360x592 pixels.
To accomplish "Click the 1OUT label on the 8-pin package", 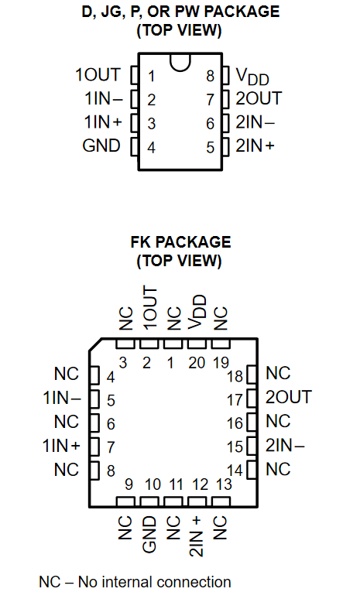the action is pos(98,75).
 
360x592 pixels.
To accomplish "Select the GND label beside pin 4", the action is pos(101,145).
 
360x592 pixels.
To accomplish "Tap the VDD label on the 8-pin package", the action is pos(252,77).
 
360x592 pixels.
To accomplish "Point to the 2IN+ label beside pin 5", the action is pos(255,145).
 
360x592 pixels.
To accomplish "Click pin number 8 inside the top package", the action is pos(211,77).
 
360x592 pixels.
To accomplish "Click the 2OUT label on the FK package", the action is pos(289,397).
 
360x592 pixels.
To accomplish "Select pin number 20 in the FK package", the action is pos(197,363).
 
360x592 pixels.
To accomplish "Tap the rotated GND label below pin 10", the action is pos(149,535).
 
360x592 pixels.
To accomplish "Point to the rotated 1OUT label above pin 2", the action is pos(149,308).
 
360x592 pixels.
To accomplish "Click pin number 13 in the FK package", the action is pos(224,484).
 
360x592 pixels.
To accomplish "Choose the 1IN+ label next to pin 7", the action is pos(61,446).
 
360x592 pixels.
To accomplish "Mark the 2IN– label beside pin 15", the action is pos(285,446).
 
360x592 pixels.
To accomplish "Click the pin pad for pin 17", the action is pos(252,399).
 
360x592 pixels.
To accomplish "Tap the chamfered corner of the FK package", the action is pos(95,344).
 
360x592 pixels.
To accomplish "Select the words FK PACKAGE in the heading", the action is pos(180,242).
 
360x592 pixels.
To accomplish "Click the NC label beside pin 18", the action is pos(278,374).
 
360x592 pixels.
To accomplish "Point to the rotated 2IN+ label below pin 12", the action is pos(197,536).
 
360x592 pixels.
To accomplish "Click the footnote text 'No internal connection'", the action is pos(155,582).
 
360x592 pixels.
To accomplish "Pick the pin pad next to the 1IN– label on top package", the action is pos(135,99).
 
